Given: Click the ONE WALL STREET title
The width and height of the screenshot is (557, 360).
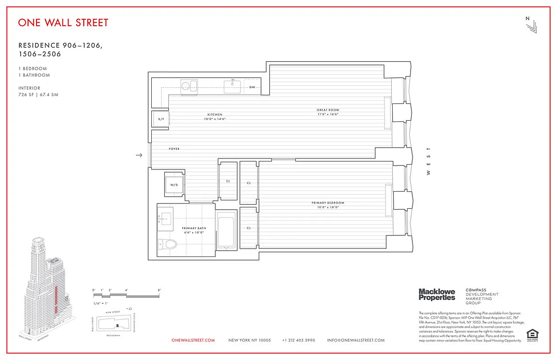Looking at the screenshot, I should coord(63,22).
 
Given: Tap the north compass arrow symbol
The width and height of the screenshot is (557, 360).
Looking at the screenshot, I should coord(531,26).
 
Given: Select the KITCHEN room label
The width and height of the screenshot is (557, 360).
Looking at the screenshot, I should coord(214,115).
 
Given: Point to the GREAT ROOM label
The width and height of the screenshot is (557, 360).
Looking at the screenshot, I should coord(327,110).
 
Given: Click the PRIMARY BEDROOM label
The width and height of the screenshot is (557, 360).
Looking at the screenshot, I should coord(328,203).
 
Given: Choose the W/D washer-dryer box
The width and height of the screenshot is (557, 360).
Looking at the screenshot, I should coord(174,185).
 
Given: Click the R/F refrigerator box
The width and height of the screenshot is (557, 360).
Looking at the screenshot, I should coord(160,119).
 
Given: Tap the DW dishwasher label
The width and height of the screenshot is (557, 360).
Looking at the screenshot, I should coord(252,87).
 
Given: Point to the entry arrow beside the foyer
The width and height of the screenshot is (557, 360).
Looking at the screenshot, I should coord(139,155).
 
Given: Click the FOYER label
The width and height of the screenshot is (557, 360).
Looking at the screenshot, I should coord(174,148).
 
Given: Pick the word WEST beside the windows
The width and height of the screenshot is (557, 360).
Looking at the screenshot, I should coord(428,161).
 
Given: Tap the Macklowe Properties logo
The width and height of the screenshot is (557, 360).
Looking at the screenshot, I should coord(437,295).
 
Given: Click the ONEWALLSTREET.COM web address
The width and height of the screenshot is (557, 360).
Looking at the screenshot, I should coord(193,340).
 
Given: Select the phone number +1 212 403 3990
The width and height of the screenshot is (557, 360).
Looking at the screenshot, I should coord(299,340).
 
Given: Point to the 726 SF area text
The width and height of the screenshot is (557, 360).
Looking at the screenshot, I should coord(27,95).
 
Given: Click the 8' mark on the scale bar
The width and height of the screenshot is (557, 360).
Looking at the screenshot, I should coord(159,290).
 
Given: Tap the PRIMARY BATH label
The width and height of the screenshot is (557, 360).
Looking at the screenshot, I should coord(194,228).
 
